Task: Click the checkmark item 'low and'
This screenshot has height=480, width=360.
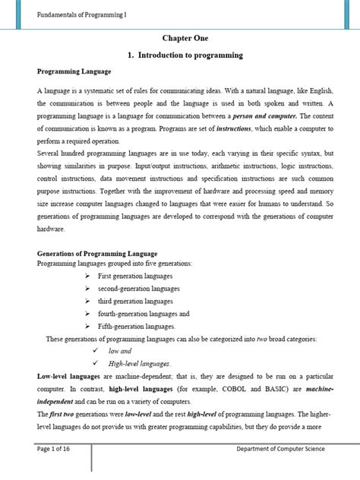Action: pyautogui.click(x=120, y=352)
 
